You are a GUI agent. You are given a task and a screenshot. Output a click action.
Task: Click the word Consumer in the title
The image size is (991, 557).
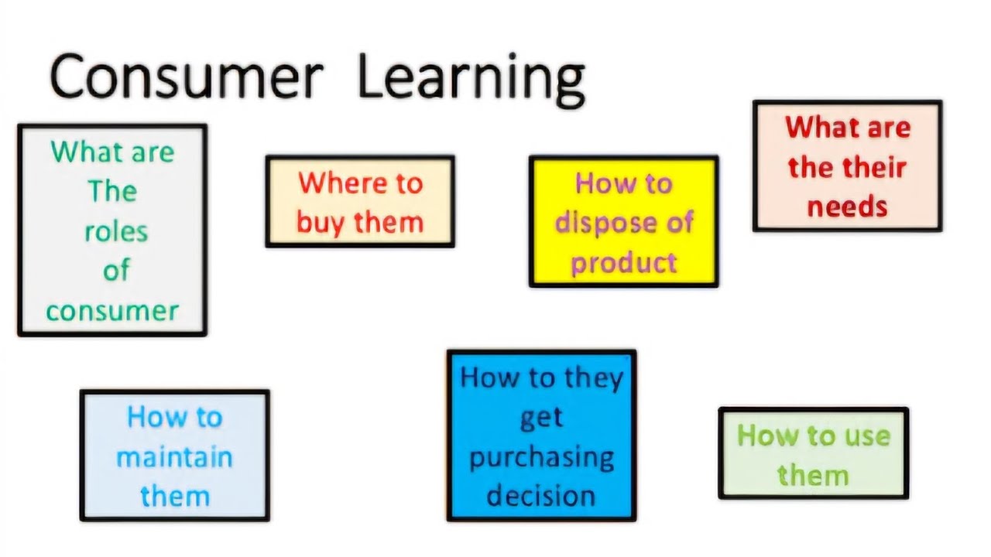click(186, 77)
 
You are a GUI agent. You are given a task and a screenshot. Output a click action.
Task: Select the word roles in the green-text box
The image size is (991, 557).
click(115, 231)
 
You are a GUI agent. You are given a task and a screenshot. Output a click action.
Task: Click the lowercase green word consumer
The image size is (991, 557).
click(112, 311)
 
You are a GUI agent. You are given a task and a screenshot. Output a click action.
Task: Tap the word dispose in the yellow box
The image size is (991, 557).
click(601, 224)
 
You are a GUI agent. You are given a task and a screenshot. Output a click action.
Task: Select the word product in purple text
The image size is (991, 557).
click(624, 264)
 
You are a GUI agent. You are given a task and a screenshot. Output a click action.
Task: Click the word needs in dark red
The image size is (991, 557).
click(847, 207)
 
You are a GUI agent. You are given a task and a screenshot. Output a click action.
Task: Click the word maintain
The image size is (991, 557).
click(174, 456)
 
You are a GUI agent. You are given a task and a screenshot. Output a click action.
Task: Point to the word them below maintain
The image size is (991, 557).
click(174, 496)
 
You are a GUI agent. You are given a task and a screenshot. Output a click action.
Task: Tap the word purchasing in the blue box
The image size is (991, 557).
click(541, 456)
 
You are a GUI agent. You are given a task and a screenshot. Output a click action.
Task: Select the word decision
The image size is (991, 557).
click(541, 495)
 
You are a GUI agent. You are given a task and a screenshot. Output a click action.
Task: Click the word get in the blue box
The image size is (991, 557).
click(541, 418)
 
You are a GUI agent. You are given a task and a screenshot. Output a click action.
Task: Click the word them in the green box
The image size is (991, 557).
click(813, 475)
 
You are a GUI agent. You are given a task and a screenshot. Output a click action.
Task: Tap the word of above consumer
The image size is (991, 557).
click(115, 271)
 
